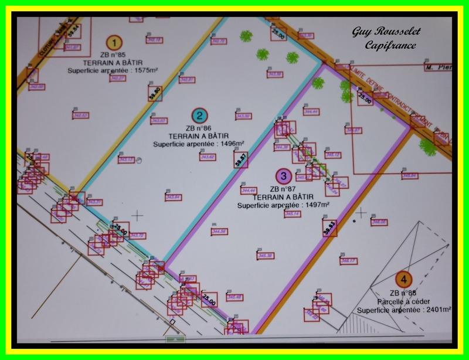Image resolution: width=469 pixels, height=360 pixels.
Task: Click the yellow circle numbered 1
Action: (x=114, y=42)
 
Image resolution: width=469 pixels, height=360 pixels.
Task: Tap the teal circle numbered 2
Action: (x=200, y=116)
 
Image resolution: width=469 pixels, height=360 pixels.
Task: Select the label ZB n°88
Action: (x=402, y=293)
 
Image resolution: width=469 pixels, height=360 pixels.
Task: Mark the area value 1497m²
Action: (x=316, y=206)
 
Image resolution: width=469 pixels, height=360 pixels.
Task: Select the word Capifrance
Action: (x=390, y=45)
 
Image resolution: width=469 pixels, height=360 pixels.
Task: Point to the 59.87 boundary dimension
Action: (x=239, y=160)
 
